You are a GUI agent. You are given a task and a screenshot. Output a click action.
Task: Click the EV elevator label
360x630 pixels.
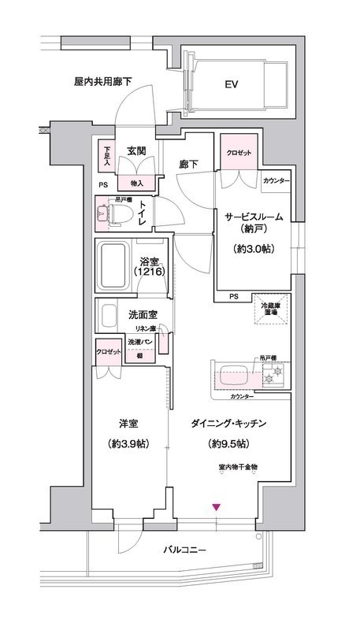[x=232, y=84]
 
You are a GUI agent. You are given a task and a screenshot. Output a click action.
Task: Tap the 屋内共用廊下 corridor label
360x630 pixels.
[x=102, y=81]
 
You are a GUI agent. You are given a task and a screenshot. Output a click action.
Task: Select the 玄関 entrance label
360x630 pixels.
[x=138, y=151]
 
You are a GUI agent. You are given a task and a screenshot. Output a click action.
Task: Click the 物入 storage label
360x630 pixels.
[x=136, y=183]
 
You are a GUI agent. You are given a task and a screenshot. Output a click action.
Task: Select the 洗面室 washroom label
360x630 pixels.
[x=143, y=314]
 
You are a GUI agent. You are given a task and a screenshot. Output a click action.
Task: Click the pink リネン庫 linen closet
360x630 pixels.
[x=162, y=343]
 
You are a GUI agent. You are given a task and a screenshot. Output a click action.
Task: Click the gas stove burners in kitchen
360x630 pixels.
[x=274, y=378]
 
